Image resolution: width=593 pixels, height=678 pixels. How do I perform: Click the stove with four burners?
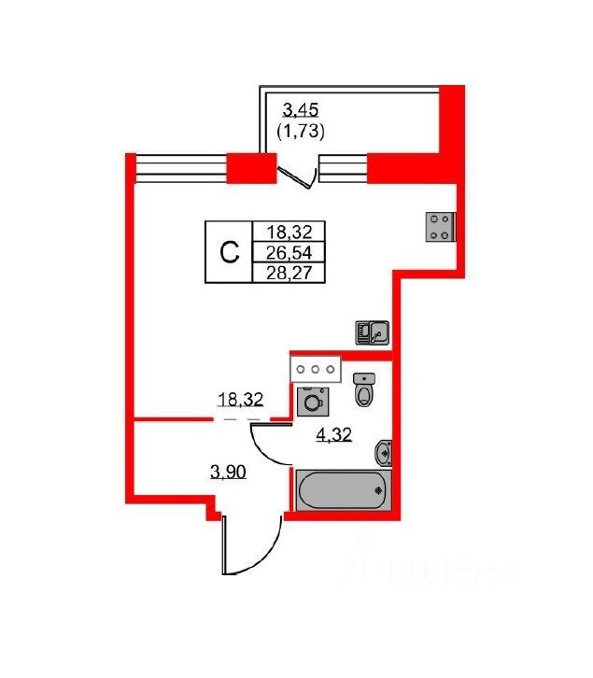pyautogui.click(x=441, y=226)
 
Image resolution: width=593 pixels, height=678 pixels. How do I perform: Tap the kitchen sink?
pyautogui.click(x=371, y=332)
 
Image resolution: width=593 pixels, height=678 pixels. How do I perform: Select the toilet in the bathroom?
pyautogui.click(x=364, y=389)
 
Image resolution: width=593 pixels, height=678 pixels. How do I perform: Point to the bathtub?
pyautogui.click(x=340, y=488)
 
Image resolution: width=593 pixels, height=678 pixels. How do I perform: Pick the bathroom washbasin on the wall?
pyautogui.click(x=382, y=454)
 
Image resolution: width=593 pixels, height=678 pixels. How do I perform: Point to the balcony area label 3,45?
pyautogui.click(x=300, y=112)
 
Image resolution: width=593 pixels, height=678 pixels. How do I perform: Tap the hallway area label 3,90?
pyautogui.click(x=228, y=473)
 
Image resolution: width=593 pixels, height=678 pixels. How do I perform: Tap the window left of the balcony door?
pyautogui.click(x=181, y=168)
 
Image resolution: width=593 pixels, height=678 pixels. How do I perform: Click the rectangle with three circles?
pyautogui.click(x=317, y=369)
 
